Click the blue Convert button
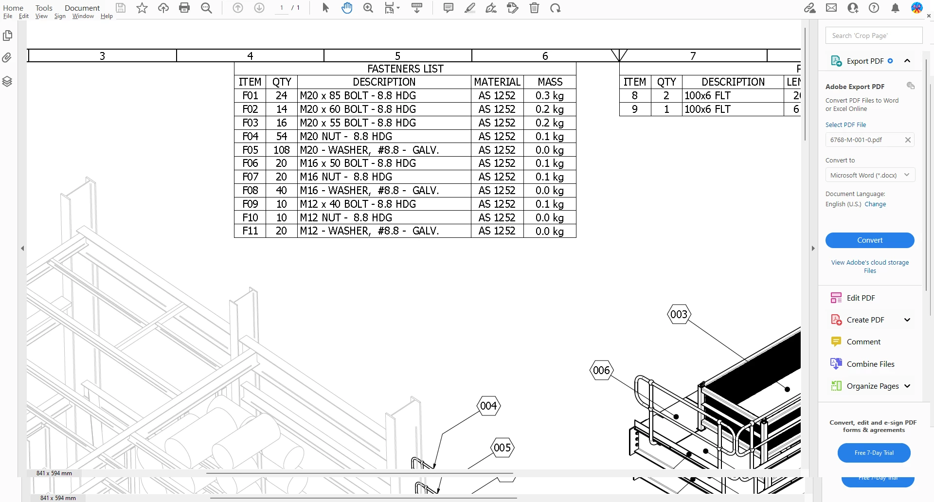[870, 240]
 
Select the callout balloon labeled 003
[679, 314]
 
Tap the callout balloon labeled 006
[602, 370]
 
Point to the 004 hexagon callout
[488, 406]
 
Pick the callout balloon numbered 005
[502, 448]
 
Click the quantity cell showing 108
[282, 150]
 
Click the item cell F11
[250, 231]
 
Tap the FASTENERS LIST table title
[405, 69]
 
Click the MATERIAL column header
[497, 82]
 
